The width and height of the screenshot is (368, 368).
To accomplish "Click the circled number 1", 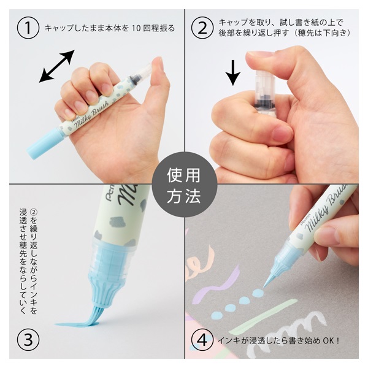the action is pos(28,28).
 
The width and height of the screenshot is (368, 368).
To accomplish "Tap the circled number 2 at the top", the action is pos(202,28).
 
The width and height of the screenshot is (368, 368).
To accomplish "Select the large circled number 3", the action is pos(28,339).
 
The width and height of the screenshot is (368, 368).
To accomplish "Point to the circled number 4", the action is pos(202,339).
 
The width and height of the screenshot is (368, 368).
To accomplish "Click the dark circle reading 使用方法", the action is pos(184,184).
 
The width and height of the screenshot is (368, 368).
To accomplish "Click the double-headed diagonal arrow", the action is pos(57,66).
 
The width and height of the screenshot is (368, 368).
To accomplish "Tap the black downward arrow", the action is pos(233,73).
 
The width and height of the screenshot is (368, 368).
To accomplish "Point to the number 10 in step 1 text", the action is pos(136,28).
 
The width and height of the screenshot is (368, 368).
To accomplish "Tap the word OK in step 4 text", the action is pos(329,340).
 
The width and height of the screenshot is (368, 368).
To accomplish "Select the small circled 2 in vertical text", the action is pos(34,212).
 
